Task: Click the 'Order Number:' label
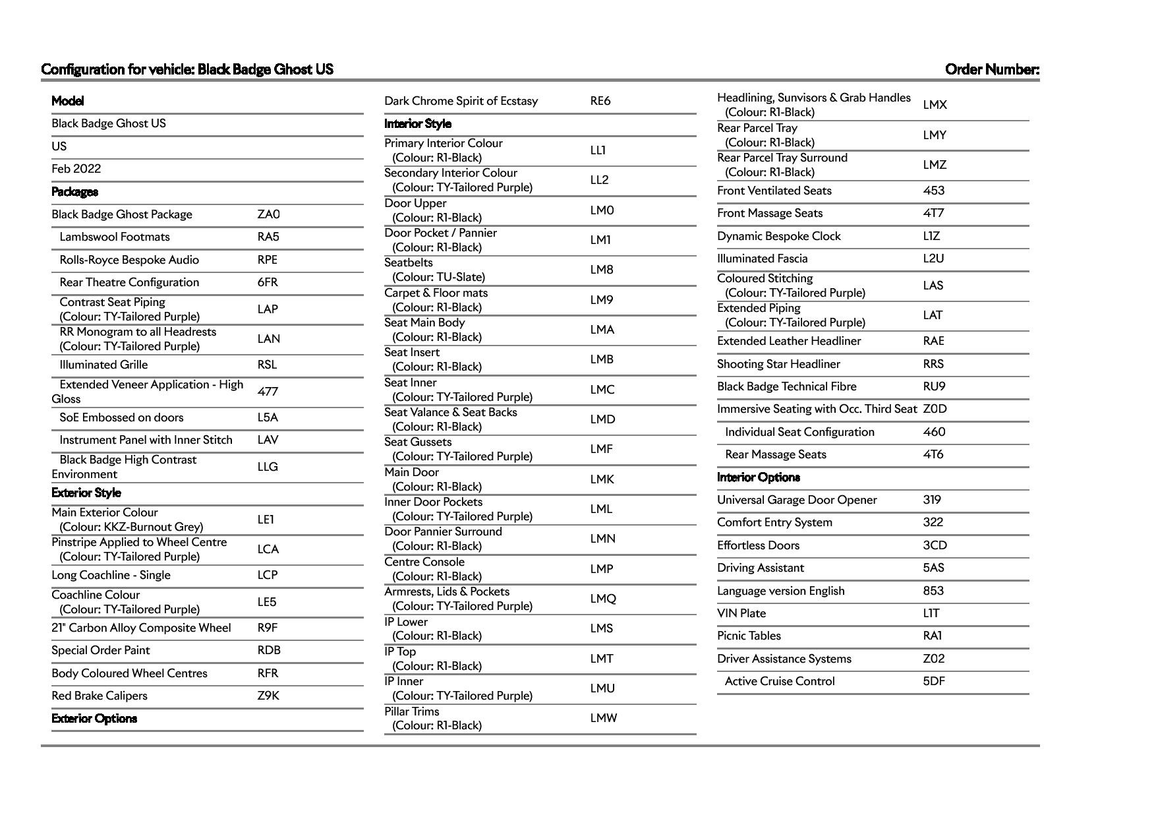pyautogui.click(x=991, y=69)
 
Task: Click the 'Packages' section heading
pyautogui.click(x=74, y=192)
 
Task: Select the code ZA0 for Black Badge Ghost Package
pyautogui.click(x=268, y=214)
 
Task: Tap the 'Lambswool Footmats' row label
pyautogui.click(x=114, y=237)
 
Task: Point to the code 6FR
pyautogui.click(x=267, y=282)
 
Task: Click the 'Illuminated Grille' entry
pyautogui.click(x=103, y=365)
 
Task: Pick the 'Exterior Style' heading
pyautogui.click(x=86, y=493)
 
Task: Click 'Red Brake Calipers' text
pyautogui.click(x=100, y=696)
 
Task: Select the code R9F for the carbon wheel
pyautogui.click(x=267, y=628)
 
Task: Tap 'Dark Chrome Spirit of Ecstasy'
pyautogui.click(x=461, y=101)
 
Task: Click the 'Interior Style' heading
pyautogui.click(x=418, y=124)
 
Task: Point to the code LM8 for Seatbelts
pyautogui.click(x=601, y=270)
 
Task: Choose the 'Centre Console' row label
pyautogui.click(x=424, y=562)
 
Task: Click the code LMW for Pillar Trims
pyautogui.click(x=603, y=718)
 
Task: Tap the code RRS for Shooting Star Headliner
pyautogui.click(x=933, y=364)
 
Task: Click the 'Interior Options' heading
pyautogui.click(x=758, y=477)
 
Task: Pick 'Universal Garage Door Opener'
pyautogui.click(x=796, y=500)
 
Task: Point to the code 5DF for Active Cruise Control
pyautogui.click(x=933, y=681)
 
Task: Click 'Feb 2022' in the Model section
pyautogui.click(x=76, y=169)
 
